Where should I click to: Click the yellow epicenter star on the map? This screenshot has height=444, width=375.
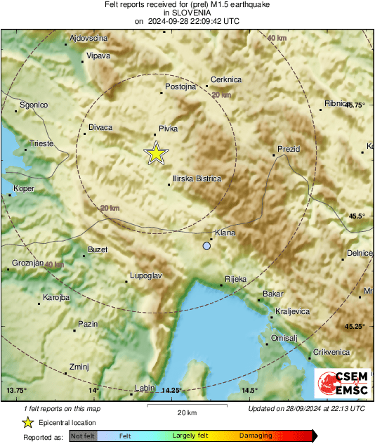pyautogui.click(x=156, y=153)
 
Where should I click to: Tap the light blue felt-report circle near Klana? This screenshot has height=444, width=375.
pyautogui.click(x=206, y=246)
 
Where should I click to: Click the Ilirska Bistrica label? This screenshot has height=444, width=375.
pyautogui.click(x=197, y=179)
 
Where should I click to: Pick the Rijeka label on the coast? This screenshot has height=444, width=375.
pyautogui.click(x=235, y=279)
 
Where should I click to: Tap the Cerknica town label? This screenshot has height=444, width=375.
pyautogui.click(x=226, y=79)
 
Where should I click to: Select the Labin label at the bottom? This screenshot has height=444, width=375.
pyautogui.click(x=143, y=388)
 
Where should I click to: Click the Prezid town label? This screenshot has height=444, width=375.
pyautogui.click(x=289, y=150)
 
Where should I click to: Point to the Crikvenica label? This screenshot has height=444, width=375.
pyautogui.click(x=331, y=352)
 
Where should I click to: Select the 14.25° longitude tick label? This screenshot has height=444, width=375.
pyautogui.click(x=171, y=391)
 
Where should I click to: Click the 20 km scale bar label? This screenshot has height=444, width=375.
pyautogui.click(x=186, y=413)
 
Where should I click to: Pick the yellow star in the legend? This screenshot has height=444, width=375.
pyautogui.click(x=27, y=422)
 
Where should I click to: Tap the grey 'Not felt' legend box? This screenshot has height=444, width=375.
pyautogui.click(x=83, y=436)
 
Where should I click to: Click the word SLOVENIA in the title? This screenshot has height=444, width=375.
pyautogui.click(x=187, y=13)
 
